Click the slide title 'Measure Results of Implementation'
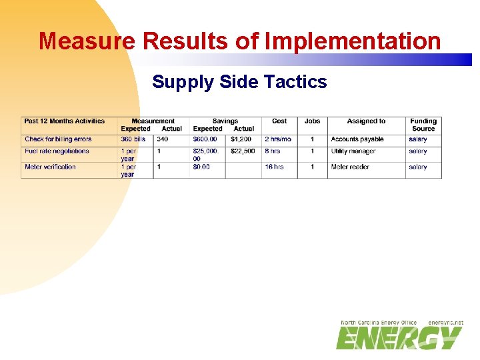[240, 41]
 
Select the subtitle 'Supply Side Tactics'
[239, 82]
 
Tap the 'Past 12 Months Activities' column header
[65, 121]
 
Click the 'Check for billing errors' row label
[58, 139]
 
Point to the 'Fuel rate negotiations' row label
[57, 151]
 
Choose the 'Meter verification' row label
[50, 167]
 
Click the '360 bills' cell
[133, 139]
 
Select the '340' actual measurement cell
[163, 139]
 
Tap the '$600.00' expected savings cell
[205, 139]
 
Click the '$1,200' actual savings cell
[241, 139]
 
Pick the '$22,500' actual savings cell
[243, 151]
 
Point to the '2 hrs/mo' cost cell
[278, 139]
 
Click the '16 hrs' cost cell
[274, 167]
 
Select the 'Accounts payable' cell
[357, 139]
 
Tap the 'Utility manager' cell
[353, 151]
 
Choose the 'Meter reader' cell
[350, 167]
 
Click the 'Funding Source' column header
[423, 125]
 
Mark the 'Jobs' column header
[312, 121]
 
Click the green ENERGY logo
[399, 338]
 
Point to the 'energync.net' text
[445, 323]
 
